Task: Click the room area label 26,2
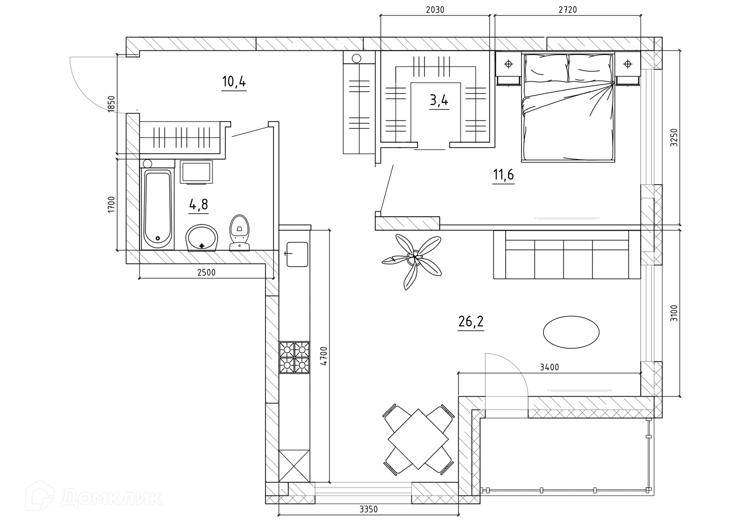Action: (x=471, y=322)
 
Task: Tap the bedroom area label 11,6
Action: (x=503, y=175)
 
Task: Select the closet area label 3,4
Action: (x=439, y=101)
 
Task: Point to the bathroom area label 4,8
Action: (x=198, y=204)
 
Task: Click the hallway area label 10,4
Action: (x=234, y=82)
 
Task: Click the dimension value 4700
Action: (x=323, y=356)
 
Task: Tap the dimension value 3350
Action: (x=368, y=509)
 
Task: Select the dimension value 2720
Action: (x=568, y=10)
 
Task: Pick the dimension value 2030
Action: (x=435, y=10)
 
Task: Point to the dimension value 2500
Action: (x=206, y=272)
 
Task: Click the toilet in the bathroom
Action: (x=239, y=233)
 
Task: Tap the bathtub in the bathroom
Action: (x=158, y=209)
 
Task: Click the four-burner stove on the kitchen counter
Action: (x=294, y=357)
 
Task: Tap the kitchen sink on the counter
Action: (x=297, y=254)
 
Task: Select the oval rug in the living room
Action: (x=571, y=332)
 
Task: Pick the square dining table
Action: (x=418, y=439)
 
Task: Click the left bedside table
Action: (x=508, y=68)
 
